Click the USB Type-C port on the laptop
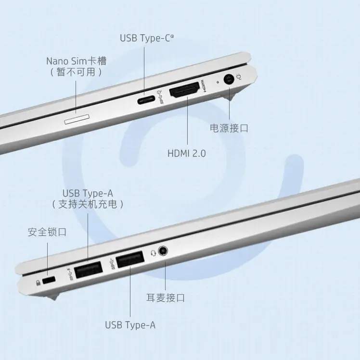146,100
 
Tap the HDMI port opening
184,89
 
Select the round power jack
229,80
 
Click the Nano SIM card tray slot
77,119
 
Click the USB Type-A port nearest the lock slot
89,270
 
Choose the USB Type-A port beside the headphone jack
130,259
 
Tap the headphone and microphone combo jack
163,251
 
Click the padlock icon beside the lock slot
38,283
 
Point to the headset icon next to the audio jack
153,253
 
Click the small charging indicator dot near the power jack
218,82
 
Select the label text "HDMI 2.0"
187,153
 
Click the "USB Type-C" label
147,38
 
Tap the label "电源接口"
229,128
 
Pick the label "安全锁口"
47,232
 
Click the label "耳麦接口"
166,298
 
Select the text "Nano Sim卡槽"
77,61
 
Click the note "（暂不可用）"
76,72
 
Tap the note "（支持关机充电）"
88,204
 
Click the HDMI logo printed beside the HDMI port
204,86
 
